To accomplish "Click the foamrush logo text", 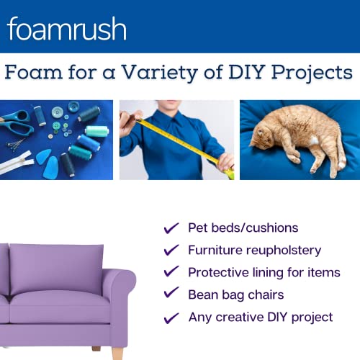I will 67,28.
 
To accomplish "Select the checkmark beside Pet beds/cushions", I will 171,228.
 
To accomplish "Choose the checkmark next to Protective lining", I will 171,272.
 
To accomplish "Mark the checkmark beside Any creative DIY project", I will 171,317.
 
